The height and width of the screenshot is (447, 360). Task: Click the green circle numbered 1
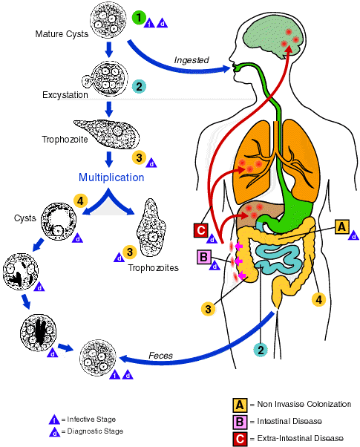[139, 18]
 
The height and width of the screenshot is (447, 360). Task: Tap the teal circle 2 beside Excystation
[139, 86]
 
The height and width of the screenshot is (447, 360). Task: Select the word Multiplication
[111, 177]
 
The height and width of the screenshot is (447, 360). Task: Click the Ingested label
[192, 60]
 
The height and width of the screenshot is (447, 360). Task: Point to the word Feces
[161, 356]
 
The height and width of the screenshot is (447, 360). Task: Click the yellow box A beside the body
[341, 227]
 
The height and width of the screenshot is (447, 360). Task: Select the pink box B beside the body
[204, 257]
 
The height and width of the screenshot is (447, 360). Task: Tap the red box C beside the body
[201, 230]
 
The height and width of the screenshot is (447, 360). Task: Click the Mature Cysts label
[62, 34]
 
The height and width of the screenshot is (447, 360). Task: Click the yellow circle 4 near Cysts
[80, 201]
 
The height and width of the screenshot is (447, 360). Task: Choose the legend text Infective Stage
[91, 420]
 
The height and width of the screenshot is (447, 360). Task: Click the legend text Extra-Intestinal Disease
[300, 438]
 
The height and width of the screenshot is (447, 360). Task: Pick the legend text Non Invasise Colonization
[304, 404]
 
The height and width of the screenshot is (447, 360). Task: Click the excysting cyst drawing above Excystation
[105, 78]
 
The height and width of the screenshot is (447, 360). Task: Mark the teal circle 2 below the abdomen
[261, 350]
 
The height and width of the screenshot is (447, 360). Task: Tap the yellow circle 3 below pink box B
[209, 309]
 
